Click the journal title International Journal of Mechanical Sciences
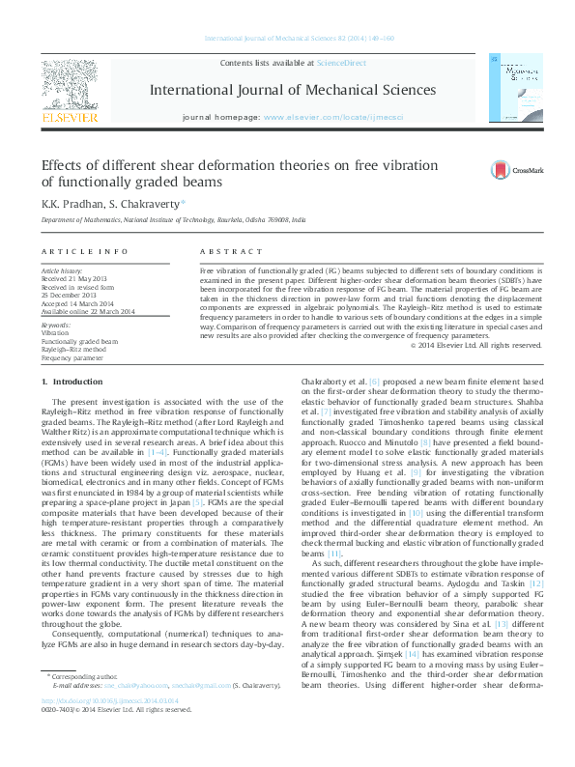pyautogui.click(x=292, y=90)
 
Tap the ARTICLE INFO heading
pyautogui.click(x=84, y=251)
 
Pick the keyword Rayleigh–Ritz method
pyautogui.click(x=73, y=349)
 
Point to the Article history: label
pyautogui.click(x=62, y=271)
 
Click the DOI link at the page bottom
pyautogui.click(x=94, y=734)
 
